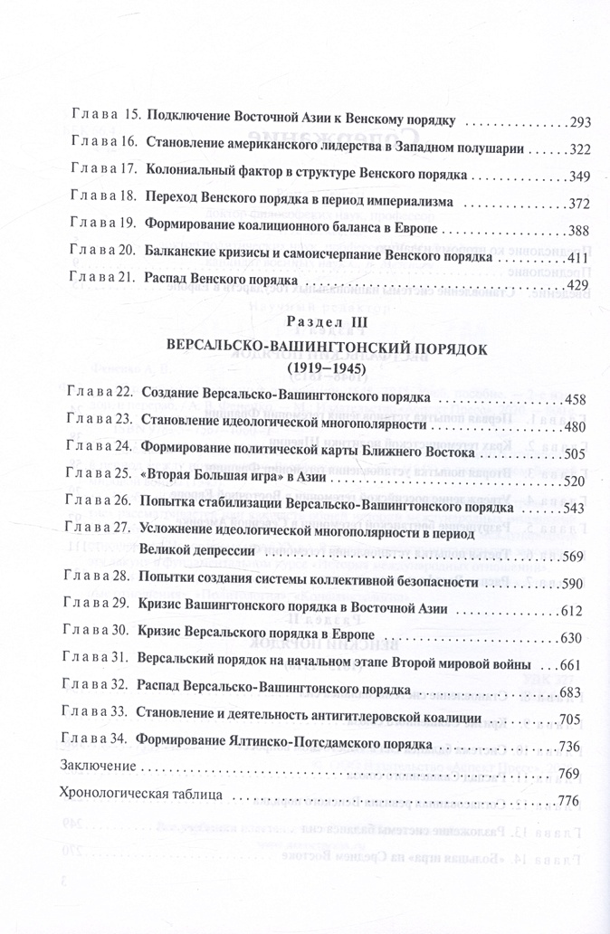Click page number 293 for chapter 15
(580, 121)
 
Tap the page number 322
(580, 148)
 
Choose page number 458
(578, 399)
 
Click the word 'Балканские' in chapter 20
(179, 257)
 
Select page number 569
(578, 557)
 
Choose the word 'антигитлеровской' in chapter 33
(367, 719)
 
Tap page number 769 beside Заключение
(567, 774)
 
